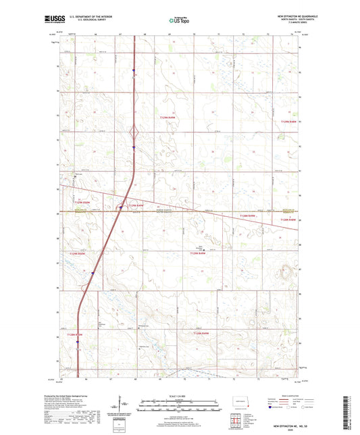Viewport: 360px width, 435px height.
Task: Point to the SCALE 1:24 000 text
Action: tap(179, 396)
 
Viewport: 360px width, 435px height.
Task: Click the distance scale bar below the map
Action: tap(179, 407)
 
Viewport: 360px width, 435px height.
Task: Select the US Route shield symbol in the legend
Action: tap(288, 407)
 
